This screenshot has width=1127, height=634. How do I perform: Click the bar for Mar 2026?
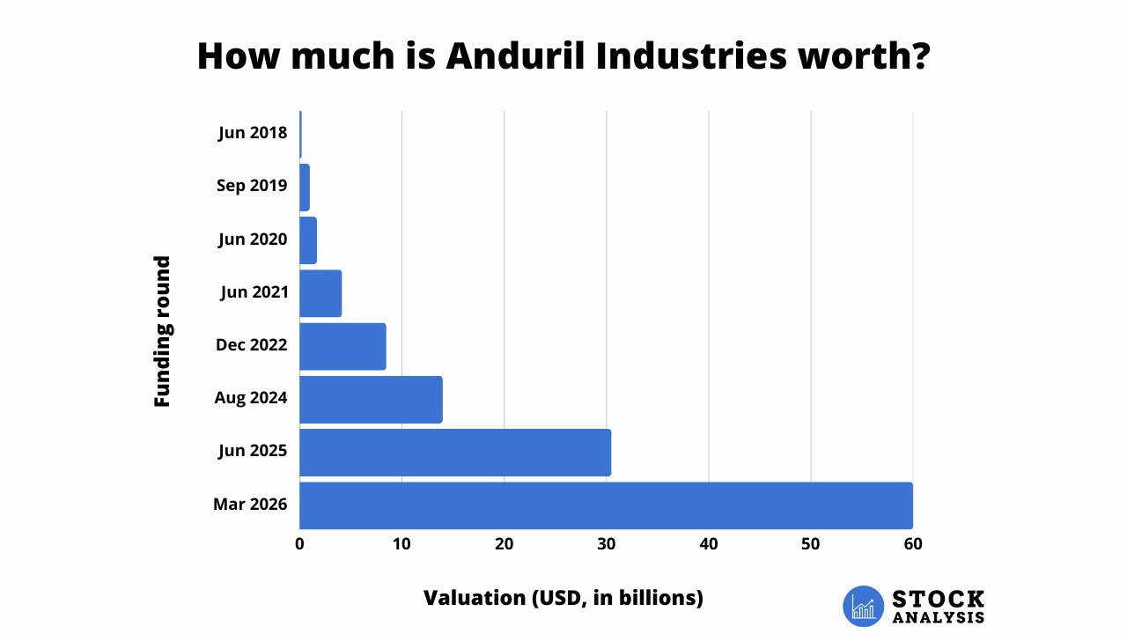[606, 505]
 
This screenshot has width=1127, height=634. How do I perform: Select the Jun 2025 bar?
[455, 453]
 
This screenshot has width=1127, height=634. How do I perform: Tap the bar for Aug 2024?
[371, 399]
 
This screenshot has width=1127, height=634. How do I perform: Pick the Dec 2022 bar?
[343, 346]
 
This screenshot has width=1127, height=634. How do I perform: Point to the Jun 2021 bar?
[320, 293]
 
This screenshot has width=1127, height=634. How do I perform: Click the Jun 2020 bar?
[308, 240]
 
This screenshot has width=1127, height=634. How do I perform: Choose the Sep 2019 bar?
[305, 187]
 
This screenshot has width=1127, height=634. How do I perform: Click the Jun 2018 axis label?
[253, 134]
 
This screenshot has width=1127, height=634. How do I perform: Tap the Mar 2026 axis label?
[250, 505]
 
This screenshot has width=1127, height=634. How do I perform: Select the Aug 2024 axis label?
[251, 398]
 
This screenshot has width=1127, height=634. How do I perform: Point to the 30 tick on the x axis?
[606, 544]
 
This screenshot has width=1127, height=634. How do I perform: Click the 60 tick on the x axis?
[912, 544]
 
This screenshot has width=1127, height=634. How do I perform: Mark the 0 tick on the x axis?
[300, 544]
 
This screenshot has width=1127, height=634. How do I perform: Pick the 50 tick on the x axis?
[810, 544]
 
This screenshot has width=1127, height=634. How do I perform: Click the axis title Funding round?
[162, 331]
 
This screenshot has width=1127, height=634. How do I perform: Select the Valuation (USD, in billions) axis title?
[563, 598]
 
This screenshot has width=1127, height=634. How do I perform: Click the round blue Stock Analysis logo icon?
[863, 606]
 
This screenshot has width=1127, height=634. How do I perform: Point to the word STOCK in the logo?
[939, 599]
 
